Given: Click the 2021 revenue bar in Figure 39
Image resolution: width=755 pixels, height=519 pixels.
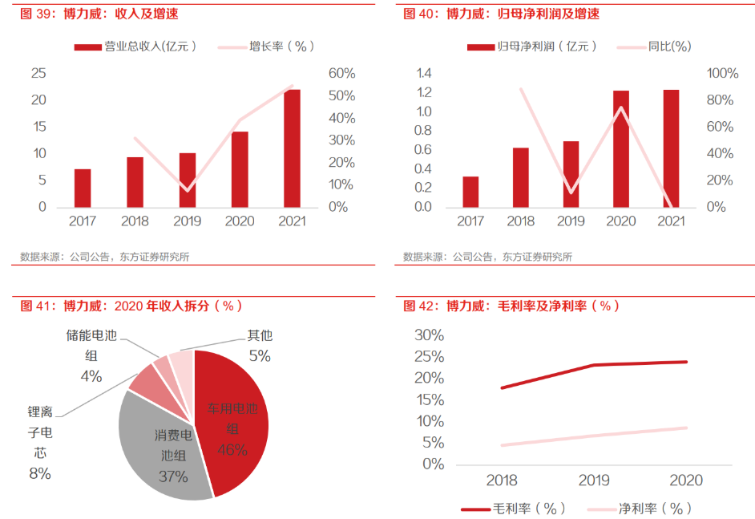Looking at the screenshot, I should [293, 148].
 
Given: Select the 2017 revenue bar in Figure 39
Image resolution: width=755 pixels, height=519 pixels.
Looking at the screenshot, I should [83, 188].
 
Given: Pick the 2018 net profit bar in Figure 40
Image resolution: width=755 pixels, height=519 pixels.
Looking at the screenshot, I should [521, 177].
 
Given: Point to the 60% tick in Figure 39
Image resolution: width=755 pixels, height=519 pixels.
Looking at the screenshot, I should [342, 74].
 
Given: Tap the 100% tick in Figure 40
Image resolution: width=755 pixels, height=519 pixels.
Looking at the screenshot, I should [722, 74].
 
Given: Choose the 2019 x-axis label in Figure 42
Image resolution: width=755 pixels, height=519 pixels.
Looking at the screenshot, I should [593, 480].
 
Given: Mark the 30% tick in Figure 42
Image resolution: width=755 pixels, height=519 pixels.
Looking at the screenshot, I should [428, 335].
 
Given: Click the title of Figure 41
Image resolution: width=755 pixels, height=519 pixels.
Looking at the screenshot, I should [132, 306].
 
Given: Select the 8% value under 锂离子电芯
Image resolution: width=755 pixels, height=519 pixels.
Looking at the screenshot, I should [39, 473].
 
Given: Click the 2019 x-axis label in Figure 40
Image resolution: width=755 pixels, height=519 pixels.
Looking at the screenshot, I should [571, 221].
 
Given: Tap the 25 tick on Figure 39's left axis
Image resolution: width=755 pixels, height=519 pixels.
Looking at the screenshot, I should [38, 74].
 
